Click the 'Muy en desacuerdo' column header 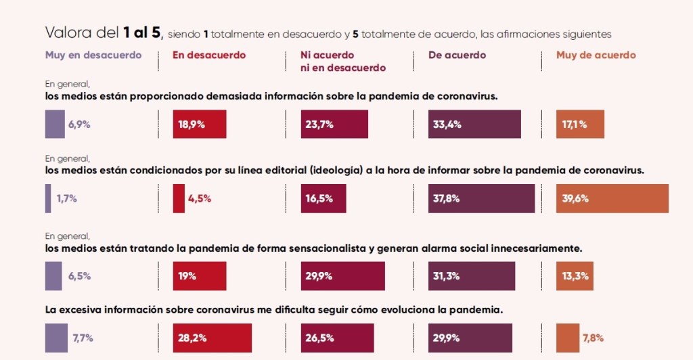[93, 55]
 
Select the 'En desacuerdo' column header [209, 55]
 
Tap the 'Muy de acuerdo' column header [596, 55]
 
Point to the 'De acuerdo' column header [457, 55]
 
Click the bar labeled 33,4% [474, 125]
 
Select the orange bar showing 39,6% [612, 198]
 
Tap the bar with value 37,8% [481, 198]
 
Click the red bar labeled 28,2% [212, 338]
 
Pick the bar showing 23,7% [334, 125]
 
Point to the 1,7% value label [66, 198]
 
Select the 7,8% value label [593, 338]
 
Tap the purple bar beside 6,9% [55, 125]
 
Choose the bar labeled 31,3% [472, 276]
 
